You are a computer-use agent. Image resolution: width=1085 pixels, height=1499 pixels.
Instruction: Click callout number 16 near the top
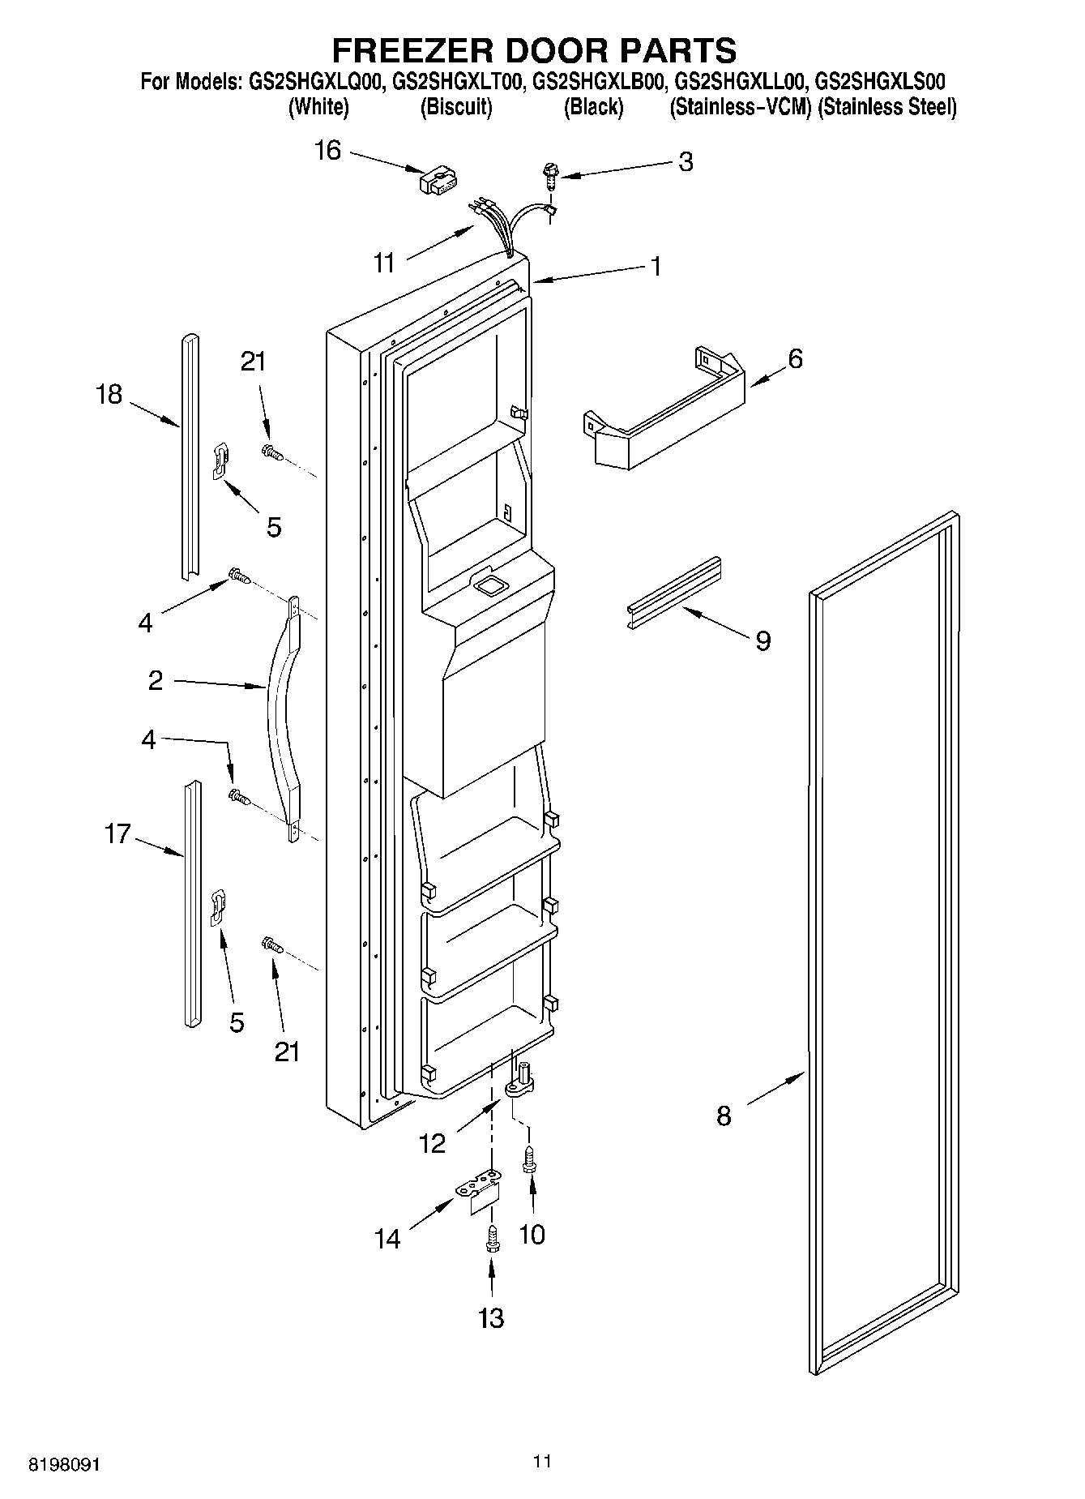pos(327,151)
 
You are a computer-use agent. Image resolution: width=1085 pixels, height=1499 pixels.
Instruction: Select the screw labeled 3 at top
pos(551,174)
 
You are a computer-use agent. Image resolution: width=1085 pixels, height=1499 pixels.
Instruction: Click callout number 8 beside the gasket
pos(724,1116)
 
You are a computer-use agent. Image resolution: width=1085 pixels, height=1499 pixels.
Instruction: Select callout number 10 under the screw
pos(532,1236)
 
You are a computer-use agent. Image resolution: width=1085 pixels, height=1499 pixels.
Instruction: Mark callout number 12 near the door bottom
pos(433,1144)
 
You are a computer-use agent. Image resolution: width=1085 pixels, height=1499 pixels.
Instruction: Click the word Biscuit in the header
pos(456,107)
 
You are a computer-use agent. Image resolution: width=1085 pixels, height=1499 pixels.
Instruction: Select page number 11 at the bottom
pos(542,1462)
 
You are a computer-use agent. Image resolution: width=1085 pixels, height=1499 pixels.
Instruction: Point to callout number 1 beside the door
pos(656,266)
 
